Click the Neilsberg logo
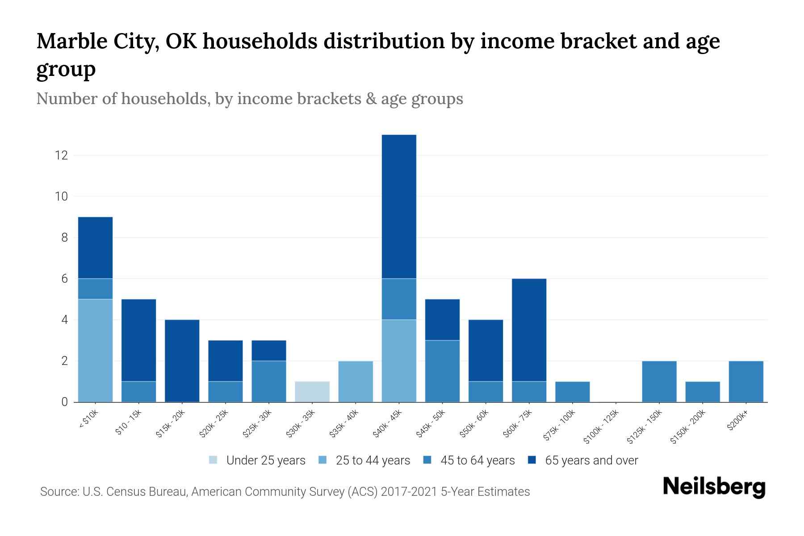714,487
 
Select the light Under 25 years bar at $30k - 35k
312,392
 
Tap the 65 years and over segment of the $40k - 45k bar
399,206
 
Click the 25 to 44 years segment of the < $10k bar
95,350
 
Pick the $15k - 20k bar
182,360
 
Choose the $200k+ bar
745,381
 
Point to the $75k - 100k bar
572,392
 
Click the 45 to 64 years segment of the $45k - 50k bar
442,371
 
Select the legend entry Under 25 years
265,461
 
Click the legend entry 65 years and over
591,461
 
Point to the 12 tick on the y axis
61,155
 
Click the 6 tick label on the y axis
64,279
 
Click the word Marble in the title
73,42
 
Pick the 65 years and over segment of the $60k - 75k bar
529,330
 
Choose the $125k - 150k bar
659,381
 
